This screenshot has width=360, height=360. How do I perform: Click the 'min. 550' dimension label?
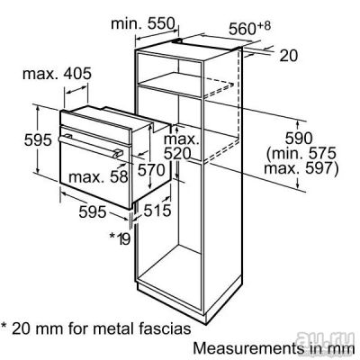142,23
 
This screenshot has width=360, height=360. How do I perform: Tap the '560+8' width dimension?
249,28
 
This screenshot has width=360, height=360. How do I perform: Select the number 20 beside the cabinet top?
289,56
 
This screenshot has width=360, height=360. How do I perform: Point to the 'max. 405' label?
57,74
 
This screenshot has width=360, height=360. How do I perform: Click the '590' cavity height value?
299,139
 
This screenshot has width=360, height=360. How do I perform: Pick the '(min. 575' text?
301,153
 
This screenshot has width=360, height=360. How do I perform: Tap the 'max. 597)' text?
301,168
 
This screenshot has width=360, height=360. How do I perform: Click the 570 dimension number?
151,170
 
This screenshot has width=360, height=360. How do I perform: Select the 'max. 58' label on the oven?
98,177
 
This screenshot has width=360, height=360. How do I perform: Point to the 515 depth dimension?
157,211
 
